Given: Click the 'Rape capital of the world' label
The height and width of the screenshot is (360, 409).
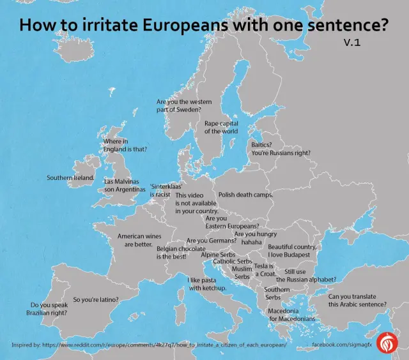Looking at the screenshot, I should tap(221, 127).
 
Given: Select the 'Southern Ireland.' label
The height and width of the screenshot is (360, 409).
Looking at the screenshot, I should tap(70, 177).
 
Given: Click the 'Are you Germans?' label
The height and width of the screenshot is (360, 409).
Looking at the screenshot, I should tap(212, 241).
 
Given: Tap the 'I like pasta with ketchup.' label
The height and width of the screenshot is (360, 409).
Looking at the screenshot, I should tap(207, 284).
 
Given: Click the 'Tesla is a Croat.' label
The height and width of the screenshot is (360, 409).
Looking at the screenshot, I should tap(263, 269).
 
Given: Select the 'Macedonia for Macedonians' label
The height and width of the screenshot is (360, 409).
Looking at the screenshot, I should tap(291, 315).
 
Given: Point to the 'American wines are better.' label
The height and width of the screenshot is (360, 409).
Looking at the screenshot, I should tap(135, 240).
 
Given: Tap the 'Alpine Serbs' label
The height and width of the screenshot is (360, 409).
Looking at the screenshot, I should tap(219, 254).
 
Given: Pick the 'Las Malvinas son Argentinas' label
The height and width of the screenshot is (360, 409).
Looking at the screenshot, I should tap(124, 185).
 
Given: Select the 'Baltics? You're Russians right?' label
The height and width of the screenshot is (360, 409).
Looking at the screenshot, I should tap(281, 149).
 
